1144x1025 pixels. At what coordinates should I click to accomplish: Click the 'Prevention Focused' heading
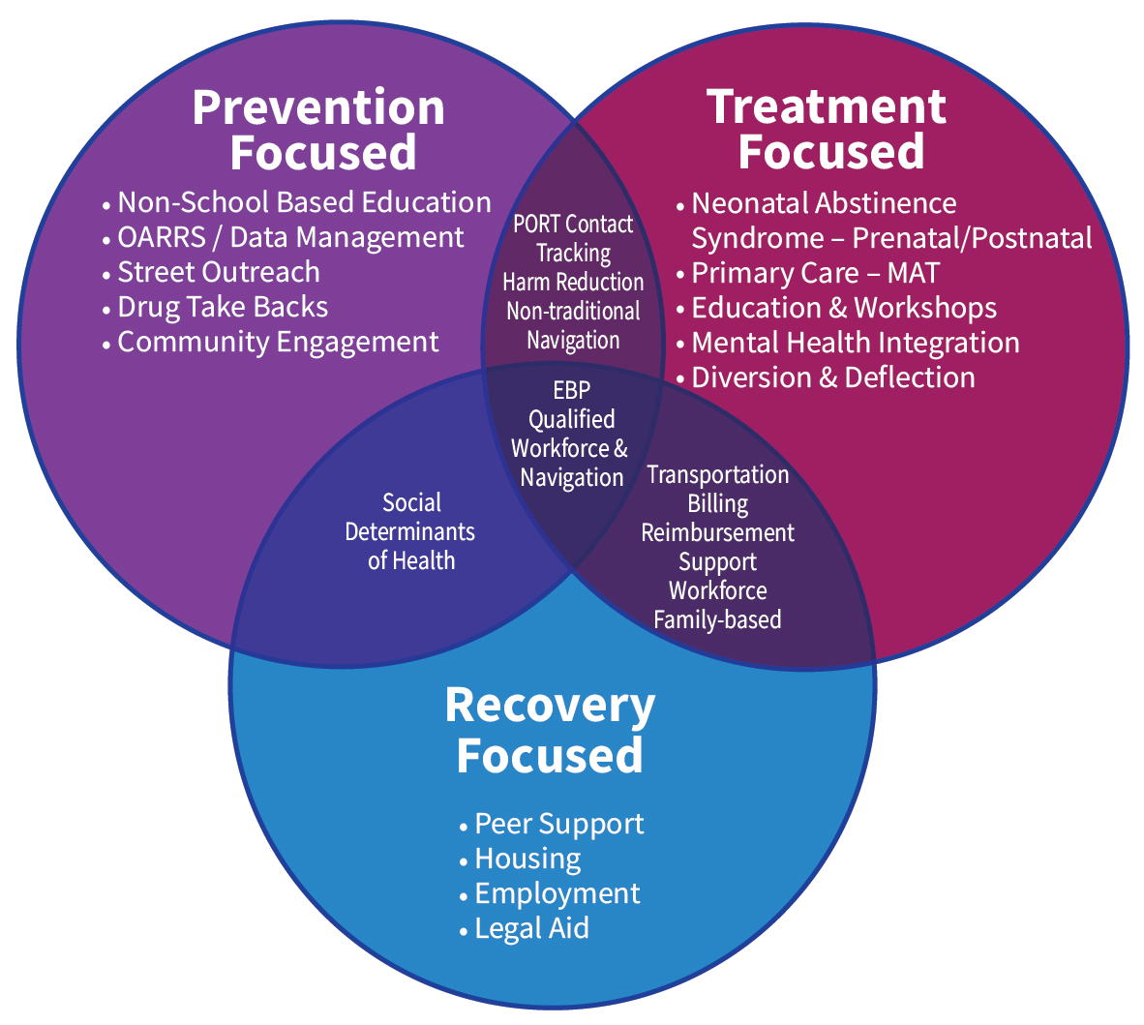pos(319,130)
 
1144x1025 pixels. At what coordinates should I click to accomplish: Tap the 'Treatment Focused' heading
pos(828,130)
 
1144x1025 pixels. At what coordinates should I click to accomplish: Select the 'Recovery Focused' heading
pos(550,731)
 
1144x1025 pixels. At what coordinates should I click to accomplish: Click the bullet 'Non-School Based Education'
pos(303,202)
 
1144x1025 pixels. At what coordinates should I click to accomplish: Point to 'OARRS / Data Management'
pos(289,237)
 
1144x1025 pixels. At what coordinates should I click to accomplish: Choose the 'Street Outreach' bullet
pos(218,272)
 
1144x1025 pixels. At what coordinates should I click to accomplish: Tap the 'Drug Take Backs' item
pos(222,307)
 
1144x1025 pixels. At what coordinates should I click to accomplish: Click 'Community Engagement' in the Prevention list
pos(278,342)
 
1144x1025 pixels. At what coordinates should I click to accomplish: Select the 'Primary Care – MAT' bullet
pos(814,273)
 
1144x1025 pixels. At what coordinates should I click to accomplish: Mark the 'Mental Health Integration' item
pos(855,343)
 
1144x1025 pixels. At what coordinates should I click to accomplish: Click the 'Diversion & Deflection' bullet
pos(832,377)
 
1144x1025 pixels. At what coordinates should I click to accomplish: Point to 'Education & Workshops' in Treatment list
pos(843,308)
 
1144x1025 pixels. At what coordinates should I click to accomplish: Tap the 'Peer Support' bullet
pos(558,824)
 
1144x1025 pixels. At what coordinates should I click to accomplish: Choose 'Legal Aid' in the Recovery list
pos(530,928)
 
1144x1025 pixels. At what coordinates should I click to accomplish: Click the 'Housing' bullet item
pos(527,859)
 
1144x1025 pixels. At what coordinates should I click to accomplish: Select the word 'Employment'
pos(557,893)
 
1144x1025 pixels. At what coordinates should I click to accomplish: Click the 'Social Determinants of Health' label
pos(411,531)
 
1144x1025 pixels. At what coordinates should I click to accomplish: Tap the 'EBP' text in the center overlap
pos(571,390)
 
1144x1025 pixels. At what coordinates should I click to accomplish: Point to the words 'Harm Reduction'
pos(573,282)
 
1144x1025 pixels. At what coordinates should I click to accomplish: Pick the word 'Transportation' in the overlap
pos(717,474)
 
